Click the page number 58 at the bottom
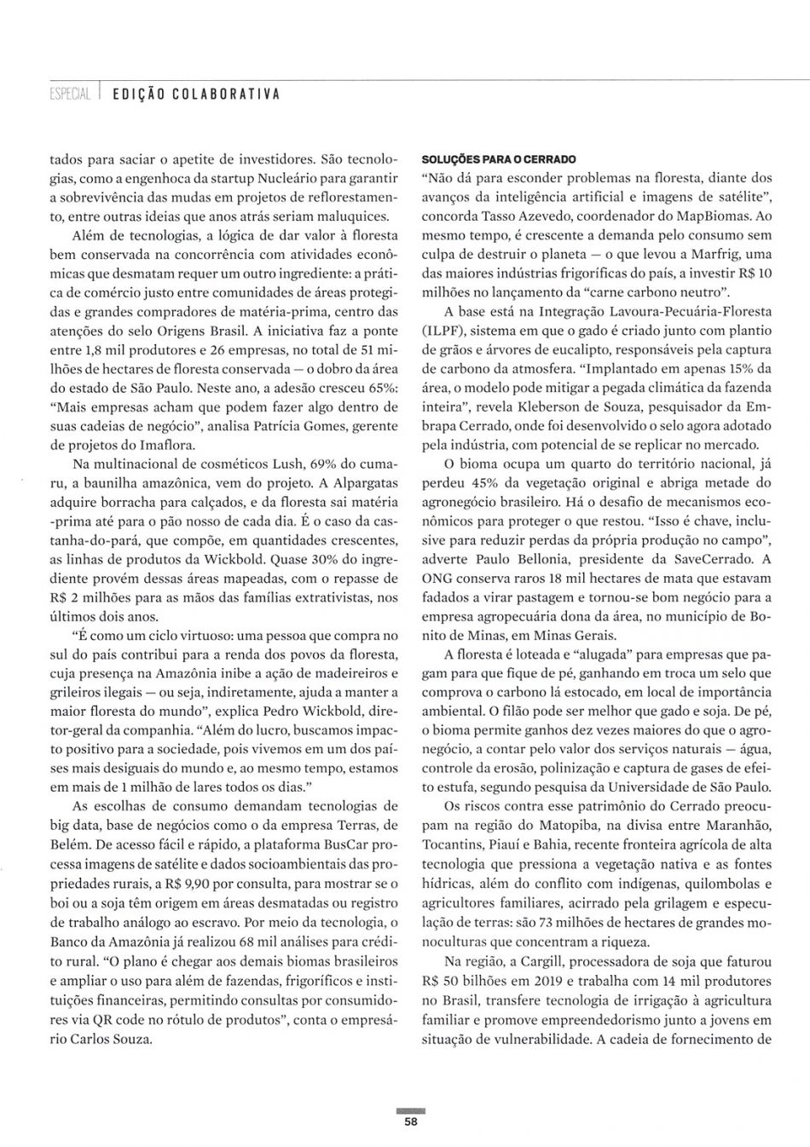click(x=411, y=1121)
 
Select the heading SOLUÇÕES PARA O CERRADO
click(x=499, y=159)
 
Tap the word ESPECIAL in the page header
click(x=70, y=93)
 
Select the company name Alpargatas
click(x=358, y=483)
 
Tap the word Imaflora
click(x=165, y=445)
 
